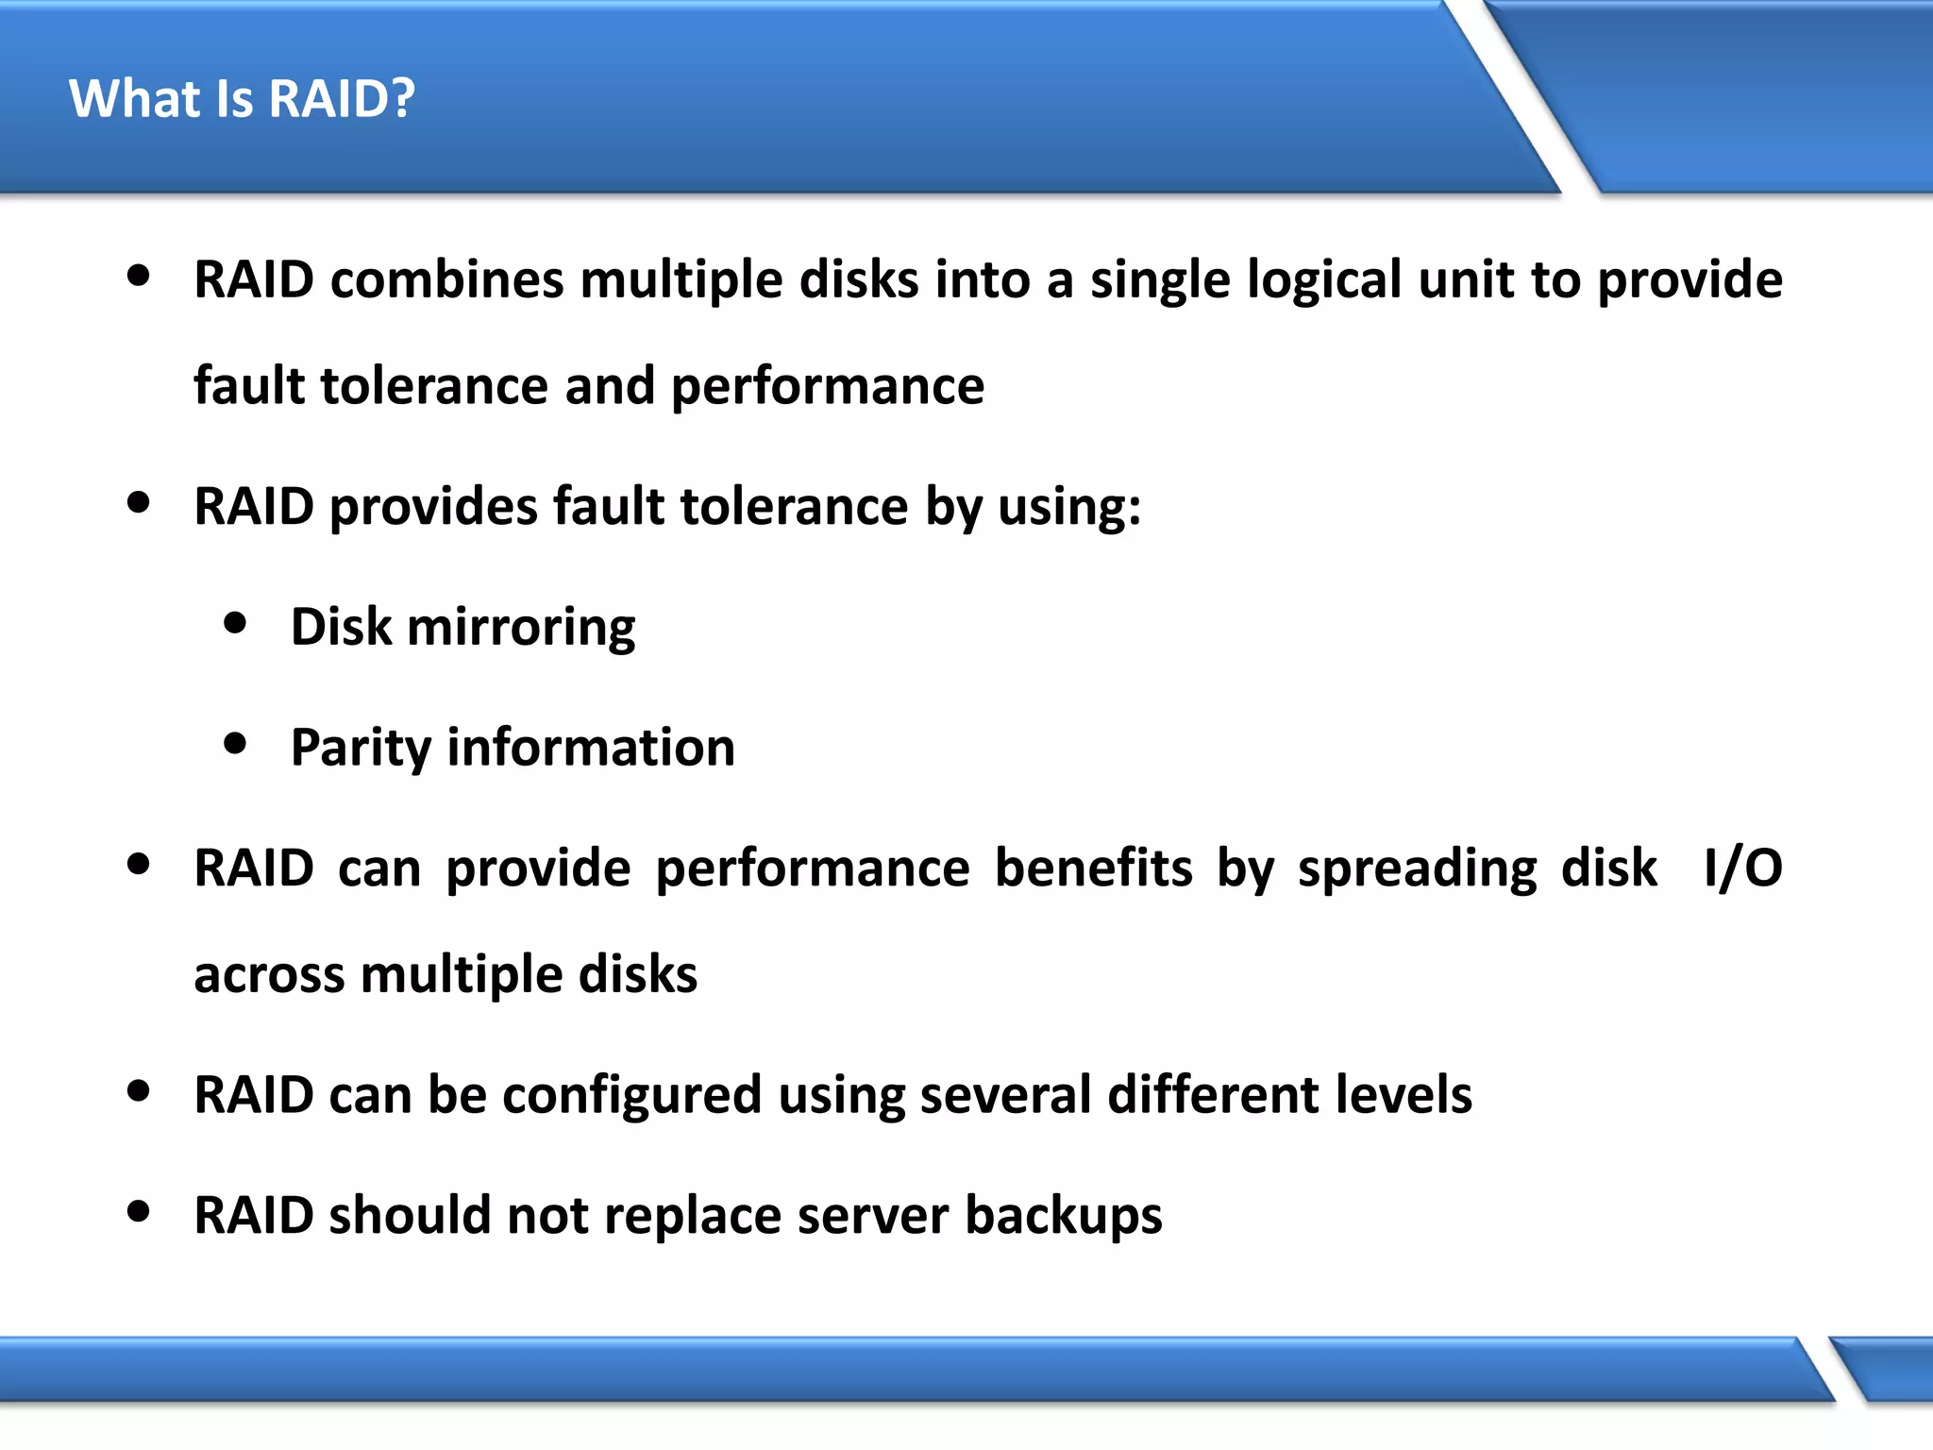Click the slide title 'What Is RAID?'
242,98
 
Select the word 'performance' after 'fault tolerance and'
827,387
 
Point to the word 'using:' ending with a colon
1068,508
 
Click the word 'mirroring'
521,629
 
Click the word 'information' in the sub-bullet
591,748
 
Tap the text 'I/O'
1742,868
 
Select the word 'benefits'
1093,868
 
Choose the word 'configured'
631,1096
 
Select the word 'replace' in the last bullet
692,1217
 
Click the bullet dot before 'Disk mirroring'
235,623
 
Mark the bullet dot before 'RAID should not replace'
139,1211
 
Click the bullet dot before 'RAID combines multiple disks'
139,277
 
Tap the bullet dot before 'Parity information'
235,744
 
